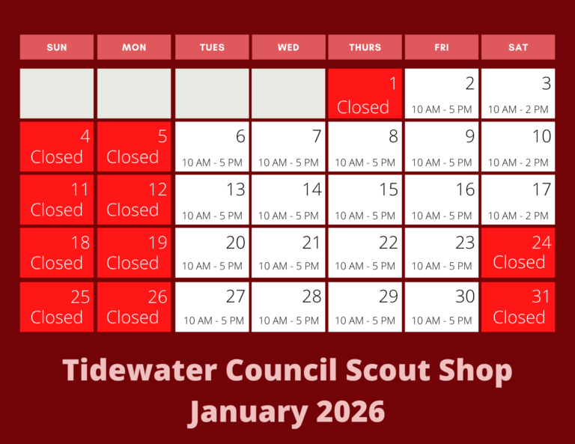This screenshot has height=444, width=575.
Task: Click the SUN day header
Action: point(57,47)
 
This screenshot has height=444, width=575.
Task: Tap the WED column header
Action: point(288,47)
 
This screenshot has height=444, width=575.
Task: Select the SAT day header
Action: point(518,47)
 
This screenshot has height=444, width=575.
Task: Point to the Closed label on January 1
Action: point(363,107)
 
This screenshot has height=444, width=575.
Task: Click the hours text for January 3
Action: point(518,109)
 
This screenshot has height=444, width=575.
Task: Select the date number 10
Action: point(541,136)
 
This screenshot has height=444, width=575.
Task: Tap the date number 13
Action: point(235,189)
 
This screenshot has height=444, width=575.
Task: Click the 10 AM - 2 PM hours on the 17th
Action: point(518,216)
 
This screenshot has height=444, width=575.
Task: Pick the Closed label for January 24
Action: point(519,263)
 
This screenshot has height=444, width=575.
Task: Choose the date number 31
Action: point(541,296)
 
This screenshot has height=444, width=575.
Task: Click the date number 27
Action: point(235,296)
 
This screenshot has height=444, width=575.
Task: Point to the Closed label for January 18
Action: point(57,264)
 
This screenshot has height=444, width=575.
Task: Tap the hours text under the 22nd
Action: point(365,266)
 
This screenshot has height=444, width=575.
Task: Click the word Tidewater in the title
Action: point(139,371)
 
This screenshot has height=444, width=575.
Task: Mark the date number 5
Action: point(162,137)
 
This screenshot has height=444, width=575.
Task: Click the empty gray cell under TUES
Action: point(212,94)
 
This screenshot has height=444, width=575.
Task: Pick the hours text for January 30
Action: point(442,320)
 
